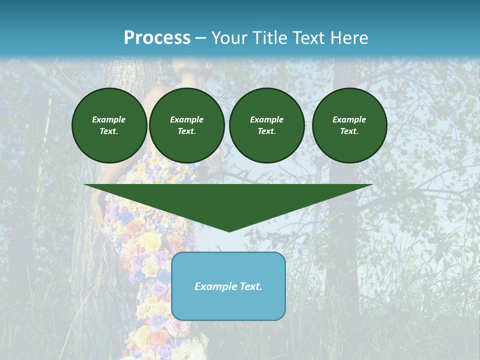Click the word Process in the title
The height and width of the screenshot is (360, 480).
157,37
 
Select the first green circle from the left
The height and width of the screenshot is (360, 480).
109,125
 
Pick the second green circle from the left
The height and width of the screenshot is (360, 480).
187,125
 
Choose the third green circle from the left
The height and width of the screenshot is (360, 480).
267,125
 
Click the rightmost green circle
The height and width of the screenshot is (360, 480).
349,125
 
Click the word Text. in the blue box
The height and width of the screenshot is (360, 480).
250,286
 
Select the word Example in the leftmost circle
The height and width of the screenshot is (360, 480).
109,119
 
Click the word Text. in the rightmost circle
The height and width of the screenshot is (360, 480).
349,131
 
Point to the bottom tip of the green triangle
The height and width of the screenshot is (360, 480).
229,230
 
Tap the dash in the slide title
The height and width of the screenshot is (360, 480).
201,38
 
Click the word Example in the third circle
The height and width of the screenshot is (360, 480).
267,119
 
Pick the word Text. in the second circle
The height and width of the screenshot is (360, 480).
187,131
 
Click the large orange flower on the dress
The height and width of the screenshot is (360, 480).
135,229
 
